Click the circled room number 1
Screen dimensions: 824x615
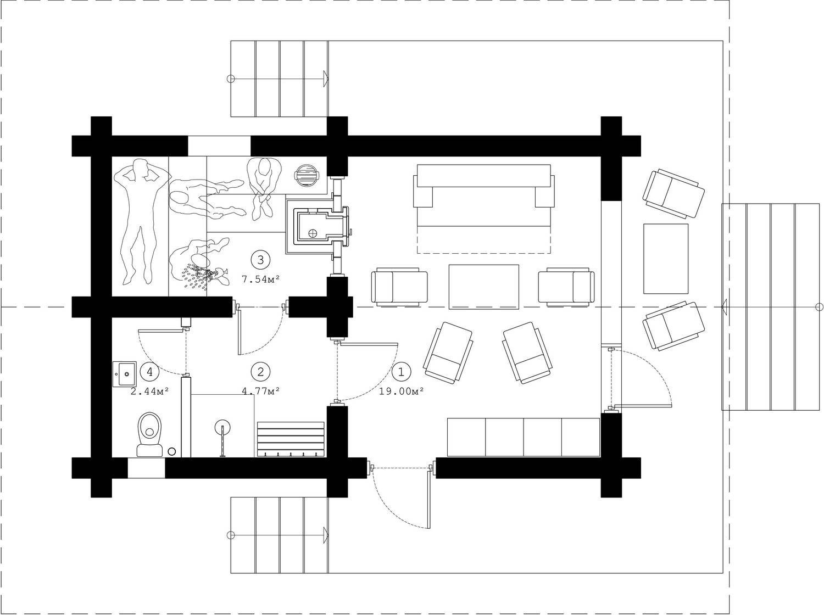click(x=401, y=372)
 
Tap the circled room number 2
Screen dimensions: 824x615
click(x=260, y=372)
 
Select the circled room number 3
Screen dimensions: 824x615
click(x=260, y=260)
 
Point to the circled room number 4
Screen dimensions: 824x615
click(x=149, y=372)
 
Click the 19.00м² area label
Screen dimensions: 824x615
click(x=401, y=392)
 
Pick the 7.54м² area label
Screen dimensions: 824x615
click(x=260, y=279)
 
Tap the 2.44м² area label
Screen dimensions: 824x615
click(x=149, y=392)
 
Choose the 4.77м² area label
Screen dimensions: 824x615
click(x=260, y=392)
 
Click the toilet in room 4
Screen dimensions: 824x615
click(x=150, y=434)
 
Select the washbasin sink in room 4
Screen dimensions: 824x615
click(x=125, y=374)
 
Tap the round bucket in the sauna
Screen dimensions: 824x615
click(x=307, y=175)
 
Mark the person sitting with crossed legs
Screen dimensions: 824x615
click(x=264, y=188)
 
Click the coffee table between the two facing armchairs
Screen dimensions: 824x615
click(x=484, y=287)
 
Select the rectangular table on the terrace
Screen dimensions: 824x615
click(x=666, y=259)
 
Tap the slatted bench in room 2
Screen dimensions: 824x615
click(x=291, y=439)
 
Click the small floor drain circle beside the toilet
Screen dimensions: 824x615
click(x=171, y=452)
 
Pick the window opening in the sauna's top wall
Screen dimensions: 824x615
click(x=219, y=146)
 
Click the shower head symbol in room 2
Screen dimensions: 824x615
click(x=222, y=427)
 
